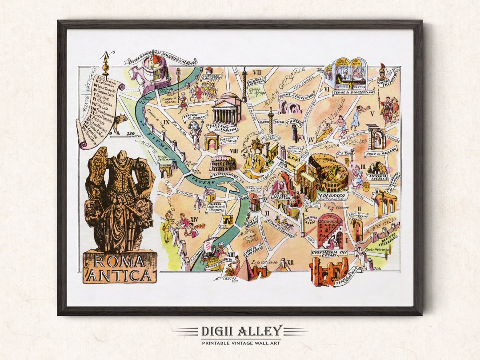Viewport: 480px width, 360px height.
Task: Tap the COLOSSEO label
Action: pyautogui.click(x=332, y=196)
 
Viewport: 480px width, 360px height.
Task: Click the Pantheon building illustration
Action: pyautogui.click(x=226, y=108)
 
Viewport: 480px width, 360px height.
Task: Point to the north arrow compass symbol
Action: pyautogui.click(x=106, y=64)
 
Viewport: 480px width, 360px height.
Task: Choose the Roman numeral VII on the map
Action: pyautogui.click(x=257, y=72)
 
